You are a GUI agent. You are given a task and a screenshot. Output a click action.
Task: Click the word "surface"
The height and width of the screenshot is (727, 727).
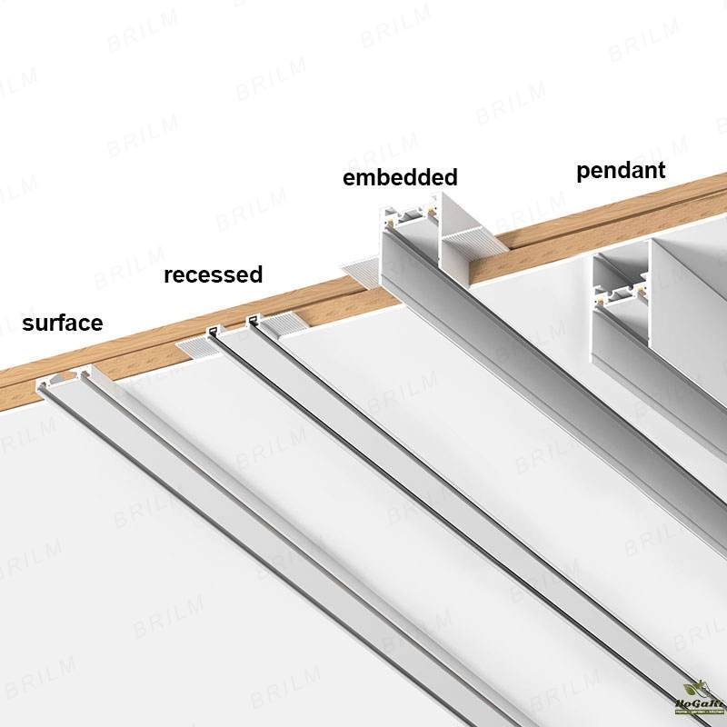(62, 323)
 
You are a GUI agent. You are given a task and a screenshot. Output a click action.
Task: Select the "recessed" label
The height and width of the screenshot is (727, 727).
(213, 274)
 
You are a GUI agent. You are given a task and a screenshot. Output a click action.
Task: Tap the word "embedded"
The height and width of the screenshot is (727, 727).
(399, 177)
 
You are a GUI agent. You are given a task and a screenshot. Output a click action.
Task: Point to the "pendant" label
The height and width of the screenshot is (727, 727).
(621, 170)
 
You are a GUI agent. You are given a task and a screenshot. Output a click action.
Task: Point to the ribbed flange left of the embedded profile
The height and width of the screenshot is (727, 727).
(362, 270)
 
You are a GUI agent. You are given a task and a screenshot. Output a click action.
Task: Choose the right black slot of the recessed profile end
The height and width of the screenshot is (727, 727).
(252, 319)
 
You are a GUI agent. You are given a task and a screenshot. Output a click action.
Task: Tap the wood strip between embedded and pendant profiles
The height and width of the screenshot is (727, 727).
(545, 245)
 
